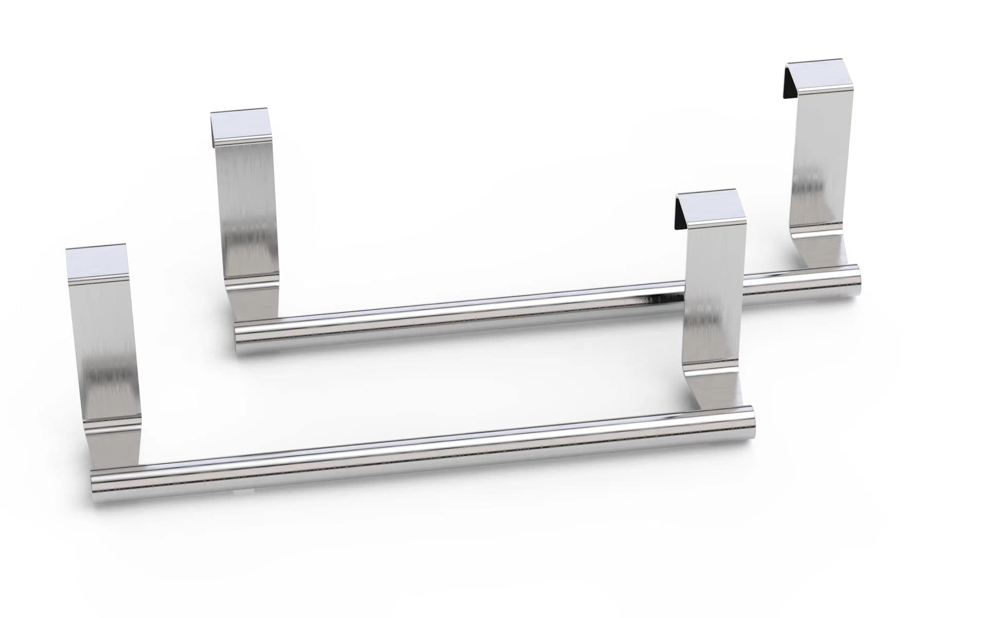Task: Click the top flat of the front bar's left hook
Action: [x=96, y=263]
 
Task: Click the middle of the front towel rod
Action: [x=422, y=452]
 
